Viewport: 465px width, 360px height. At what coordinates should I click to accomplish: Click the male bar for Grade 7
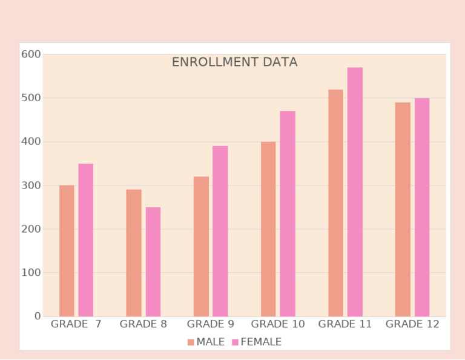(x=67, y=250)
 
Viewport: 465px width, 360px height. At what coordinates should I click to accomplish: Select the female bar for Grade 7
(x=85, y=240)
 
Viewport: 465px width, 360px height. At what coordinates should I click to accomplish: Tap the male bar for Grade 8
(x=134, y=253)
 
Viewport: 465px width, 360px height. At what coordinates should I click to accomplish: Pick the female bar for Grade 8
(x=153, y=262)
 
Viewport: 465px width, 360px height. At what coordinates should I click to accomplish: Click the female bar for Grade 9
(x=220, y=231)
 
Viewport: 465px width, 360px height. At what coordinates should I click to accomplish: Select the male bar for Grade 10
(x=268, y=228)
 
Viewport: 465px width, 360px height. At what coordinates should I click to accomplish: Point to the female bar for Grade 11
(x=355, y=192)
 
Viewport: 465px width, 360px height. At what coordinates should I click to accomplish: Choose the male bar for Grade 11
(x=335, y=202)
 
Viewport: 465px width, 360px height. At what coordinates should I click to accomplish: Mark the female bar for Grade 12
(x=422, y=207)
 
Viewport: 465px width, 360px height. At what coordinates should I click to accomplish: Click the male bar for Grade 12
(x=403, y=209)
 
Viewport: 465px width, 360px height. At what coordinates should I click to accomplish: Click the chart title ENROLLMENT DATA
(x=234, y=62)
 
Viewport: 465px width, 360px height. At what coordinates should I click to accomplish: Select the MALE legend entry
(x=206, y=342)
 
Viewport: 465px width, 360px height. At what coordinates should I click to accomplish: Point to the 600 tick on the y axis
(x=31, y=55)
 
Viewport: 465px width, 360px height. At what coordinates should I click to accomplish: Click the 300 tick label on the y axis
(x=31, y=185)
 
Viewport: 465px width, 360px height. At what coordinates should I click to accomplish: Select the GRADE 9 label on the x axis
(x=210, y=324)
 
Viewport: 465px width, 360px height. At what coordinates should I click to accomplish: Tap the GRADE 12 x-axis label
(x=412, y=324)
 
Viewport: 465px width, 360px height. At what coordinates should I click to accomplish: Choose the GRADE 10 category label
(x=278, y=324)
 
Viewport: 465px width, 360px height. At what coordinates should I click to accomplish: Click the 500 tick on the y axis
(x=31, y=98)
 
